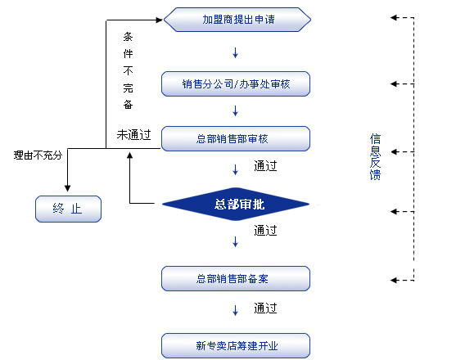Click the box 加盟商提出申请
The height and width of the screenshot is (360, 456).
(237, 20)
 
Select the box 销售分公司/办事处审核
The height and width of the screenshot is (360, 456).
(236, 83)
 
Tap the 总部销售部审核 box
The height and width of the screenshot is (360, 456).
(236, 138)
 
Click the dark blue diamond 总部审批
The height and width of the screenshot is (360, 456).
(236, 204)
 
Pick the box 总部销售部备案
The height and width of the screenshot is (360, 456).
(236, 278)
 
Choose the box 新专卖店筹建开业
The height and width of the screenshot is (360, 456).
(236, 345)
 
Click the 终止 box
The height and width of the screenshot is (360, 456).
(68, 209)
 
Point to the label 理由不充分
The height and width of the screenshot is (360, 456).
(38, 155)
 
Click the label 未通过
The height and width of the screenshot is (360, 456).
(133, 134)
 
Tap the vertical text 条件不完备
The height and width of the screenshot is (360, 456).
(128, 70)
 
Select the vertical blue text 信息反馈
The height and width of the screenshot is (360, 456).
(375, 157)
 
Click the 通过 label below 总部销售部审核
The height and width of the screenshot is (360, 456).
(265, 166)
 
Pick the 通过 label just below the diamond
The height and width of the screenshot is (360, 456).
(265, 231)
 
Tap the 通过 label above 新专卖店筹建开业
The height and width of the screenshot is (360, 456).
(265, 308)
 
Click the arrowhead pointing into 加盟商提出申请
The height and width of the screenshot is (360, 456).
(160, 20)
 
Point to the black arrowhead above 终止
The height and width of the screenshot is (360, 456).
(67, 188)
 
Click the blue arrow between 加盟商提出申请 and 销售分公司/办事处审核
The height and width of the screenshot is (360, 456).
(235, 53)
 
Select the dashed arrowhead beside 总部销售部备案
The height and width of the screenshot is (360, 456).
(394, 280)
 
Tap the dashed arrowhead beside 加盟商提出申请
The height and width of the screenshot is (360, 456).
(394, 18)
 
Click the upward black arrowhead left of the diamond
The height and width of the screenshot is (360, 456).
(129, 155)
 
